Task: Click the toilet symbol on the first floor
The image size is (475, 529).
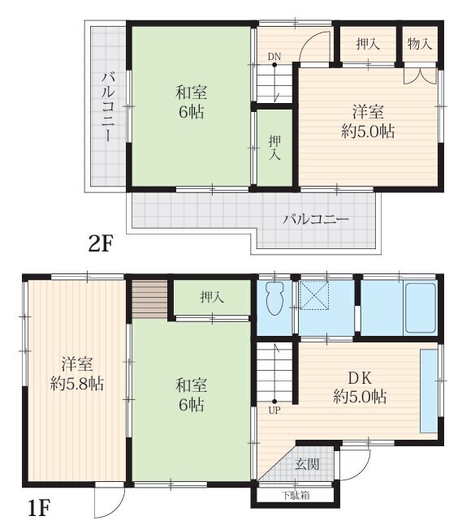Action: coord(274,298)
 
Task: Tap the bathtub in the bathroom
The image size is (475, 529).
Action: coord(420,308)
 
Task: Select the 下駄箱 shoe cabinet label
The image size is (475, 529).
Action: coord(296,495)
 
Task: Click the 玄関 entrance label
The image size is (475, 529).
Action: coord(307,464)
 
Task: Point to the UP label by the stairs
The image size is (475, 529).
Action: coord(274,411)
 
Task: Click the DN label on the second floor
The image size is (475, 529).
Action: coord(274,57)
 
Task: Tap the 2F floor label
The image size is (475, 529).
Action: coord(100,244)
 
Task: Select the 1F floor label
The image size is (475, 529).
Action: coord(38,509)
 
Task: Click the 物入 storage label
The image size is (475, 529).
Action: coord(420,44)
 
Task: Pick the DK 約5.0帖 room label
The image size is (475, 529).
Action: coord(360,387)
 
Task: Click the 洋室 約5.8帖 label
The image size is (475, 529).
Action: coord(77,374)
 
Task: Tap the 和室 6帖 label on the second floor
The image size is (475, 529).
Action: coord(191,102)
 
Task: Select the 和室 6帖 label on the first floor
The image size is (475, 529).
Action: coord(191,395)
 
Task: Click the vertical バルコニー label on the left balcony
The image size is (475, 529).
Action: coord(108,106)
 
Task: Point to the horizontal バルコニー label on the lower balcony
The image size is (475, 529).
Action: coord(315,220)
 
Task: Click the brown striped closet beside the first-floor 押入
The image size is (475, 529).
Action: coord(149,299)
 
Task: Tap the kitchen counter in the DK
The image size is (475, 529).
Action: coord(429,391)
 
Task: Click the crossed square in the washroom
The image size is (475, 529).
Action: coord(314,295)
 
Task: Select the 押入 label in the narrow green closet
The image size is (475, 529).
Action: coord(274,148)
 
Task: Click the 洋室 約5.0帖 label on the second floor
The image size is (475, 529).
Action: coord(368,122)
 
